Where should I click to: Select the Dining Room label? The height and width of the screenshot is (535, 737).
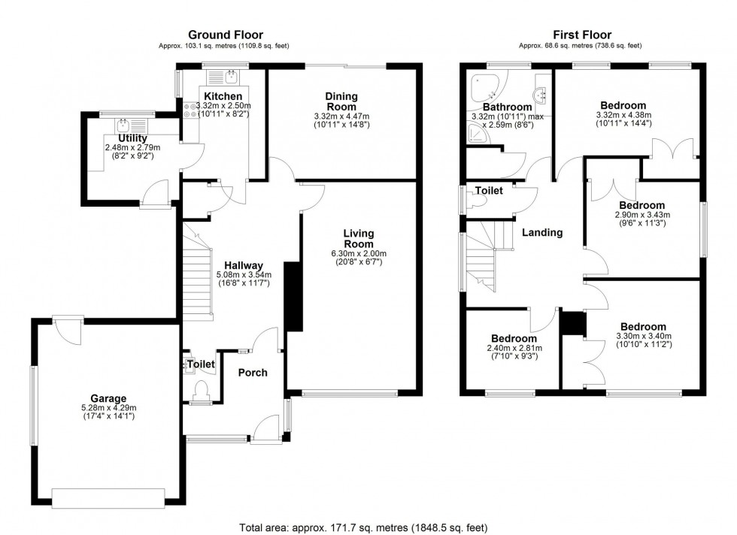pos(341,101)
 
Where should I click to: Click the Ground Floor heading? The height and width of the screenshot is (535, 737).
pos(223,35)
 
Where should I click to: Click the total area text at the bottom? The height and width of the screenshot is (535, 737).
pos(368,527)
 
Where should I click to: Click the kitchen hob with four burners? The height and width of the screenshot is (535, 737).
pos(188,110)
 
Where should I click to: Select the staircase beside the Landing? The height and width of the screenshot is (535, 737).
pos(481,259)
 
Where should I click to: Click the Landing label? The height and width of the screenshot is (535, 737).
pos(542,232)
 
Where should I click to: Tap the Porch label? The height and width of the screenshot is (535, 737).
pos(252,373)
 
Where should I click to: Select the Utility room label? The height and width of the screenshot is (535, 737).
pos(132,138)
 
